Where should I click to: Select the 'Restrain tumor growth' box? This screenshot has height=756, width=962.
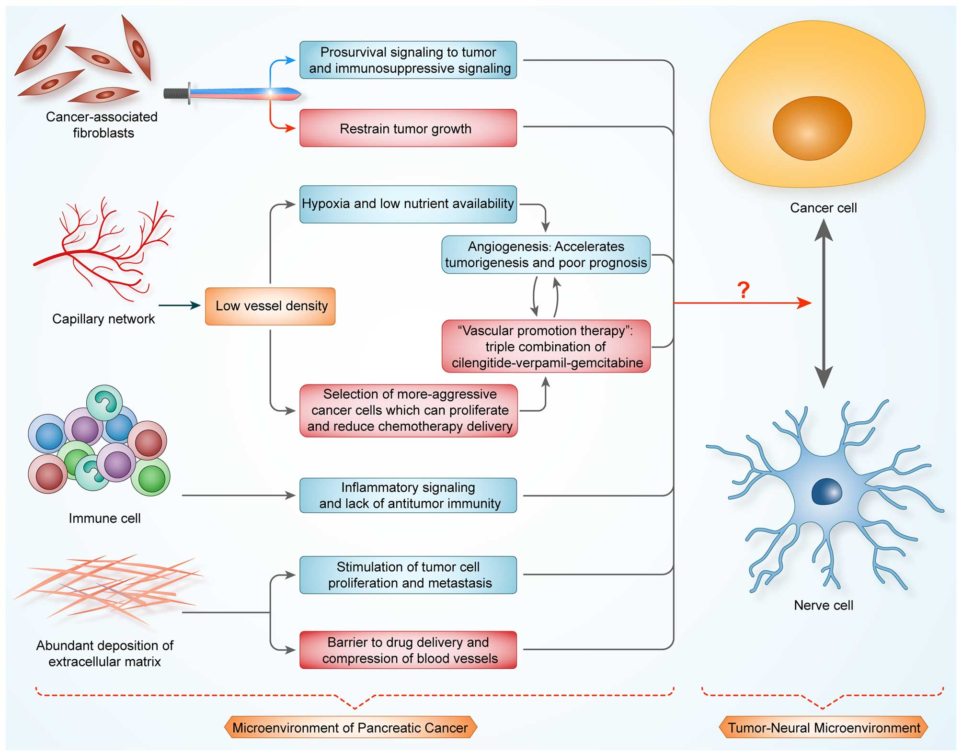(408, 128)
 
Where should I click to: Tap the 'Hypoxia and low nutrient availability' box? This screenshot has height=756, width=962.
(408, 204)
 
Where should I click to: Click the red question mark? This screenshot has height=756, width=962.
(743, 290)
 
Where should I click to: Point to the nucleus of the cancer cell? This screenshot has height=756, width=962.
(812, 128)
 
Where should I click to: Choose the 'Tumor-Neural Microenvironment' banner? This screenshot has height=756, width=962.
(824, 728)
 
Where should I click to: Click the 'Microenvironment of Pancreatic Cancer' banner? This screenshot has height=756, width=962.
(350, 728)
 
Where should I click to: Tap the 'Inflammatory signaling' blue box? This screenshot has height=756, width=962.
(408, 496)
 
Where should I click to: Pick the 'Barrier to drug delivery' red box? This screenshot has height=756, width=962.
(408, 650)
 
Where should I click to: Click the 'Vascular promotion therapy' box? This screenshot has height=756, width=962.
(546, 347)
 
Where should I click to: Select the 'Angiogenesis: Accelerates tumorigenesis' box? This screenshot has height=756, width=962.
(546, 255)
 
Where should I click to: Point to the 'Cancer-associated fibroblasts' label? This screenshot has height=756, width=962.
(102, 125)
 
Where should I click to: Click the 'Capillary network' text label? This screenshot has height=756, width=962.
(103, 319)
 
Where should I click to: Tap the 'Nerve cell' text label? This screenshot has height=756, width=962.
(824, 605)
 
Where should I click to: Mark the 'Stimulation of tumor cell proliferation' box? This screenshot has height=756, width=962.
(408, 575)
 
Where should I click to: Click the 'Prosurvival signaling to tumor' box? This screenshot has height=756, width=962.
(408, 60)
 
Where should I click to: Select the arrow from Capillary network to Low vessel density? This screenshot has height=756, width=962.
(179, 305)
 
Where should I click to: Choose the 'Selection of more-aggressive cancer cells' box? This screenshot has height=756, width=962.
(409, 411)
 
